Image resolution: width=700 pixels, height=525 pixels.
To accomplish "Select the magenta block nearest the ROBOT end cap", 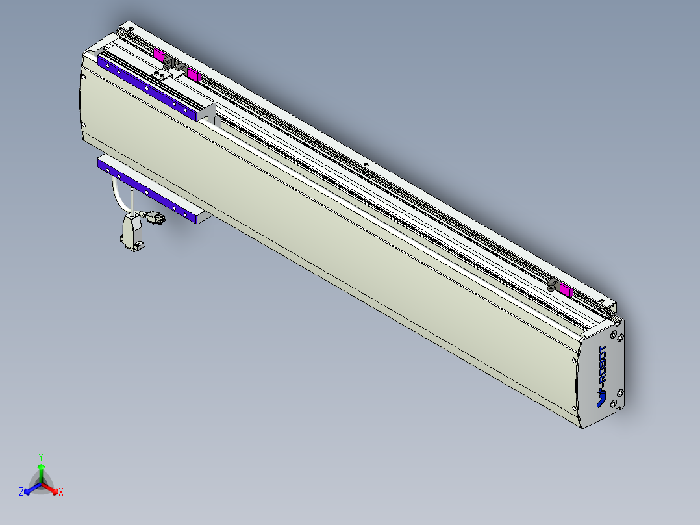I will point(566,290).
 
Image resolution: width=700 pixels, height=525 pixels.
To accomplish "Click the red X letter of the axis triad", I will point(61,493).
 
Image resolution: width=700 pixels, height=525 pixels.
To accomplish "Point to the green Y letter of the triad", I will point(41,457).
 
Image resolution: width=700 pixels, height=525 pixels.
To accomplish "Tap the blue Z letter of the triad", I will point(21,493).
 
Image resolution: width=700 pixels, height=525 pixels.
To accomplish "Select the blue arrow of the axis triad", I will point(30,489).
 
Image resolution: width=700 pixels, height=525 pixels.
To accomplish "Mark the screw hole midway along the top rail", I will point(366,165).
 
